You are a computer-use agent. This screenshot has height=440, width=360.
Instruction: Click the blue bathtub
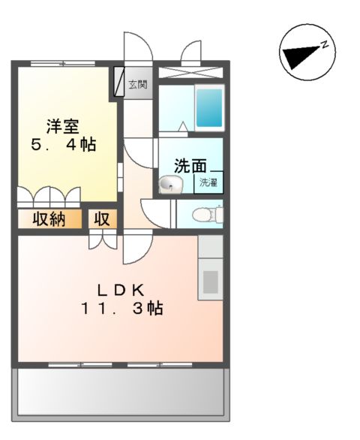click(x=209, y=107)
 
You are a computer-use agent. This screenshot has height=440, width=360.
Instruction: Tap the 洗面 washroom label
click(x=190, y=166)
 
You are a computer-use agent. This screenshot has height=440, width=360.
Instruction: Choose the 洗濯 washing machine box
click(x=208, y=182)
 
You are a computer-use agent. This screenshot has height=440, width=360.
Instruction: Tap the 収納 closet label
click(x=47, y=219)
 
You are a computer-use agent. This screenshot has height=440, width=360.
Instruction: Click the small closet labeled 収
click(x=103, y=219)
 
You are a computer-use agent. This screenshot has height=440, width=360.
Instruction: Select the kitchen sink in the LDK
click(x=211, y=282)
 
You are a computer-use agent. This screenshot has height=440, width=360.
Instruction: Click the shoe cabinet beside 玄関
click(x=119, y=83)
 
